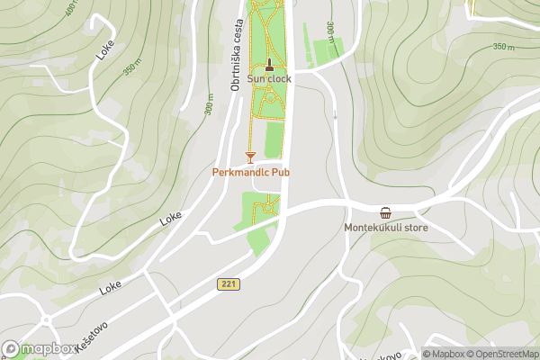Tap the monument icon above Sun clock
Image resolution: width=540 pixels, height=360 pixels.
pos(269,64)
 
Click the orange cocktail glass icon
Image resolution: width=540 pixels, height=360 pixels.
pos(250,157)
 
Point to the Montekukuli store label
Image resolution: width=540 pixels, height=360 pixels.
pos(386,228)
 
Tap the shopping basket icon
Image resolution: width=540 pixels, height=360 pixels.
pos(386,213)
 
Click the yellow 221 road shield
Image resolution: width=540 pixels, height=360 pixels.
pos(228,284)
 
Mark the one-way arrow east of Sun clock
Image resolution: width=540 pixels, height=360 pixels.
pos(335,115)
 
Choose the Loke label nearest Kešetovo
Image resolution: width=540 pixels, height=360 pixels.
pos(110,287)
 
